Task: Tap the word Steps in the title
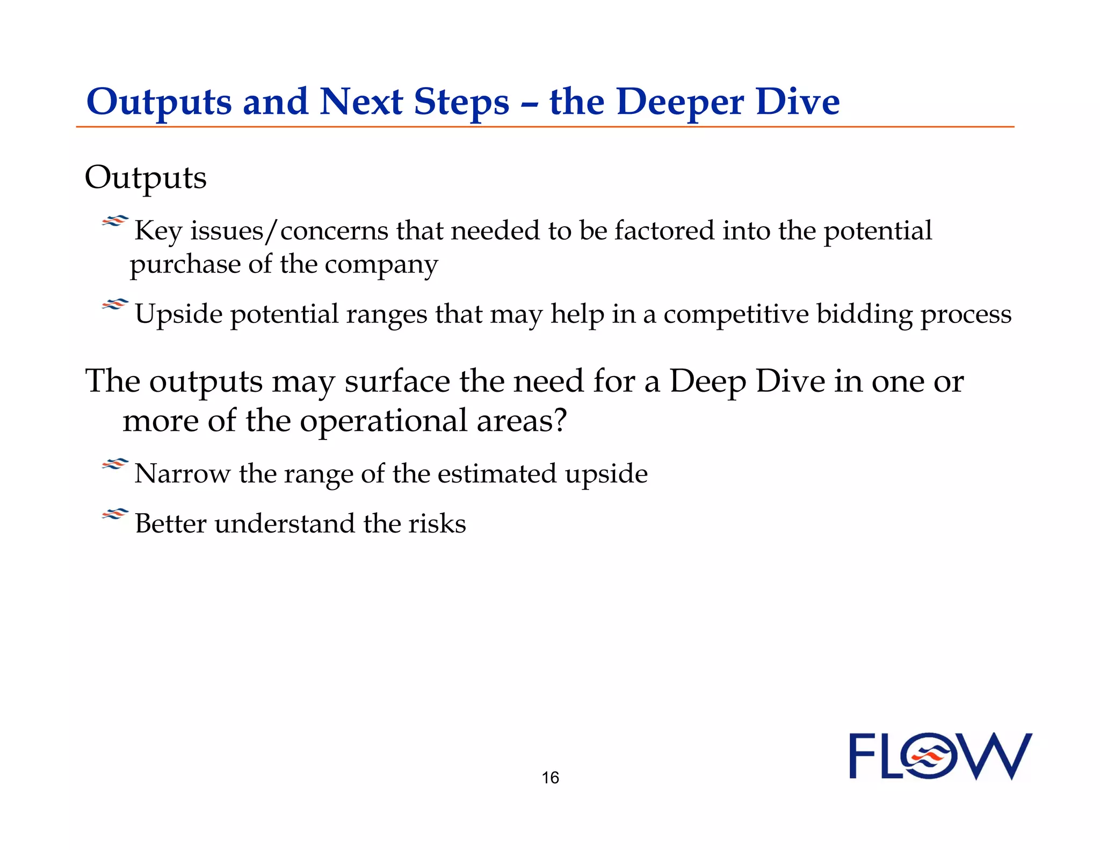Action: click(x=461, y=102)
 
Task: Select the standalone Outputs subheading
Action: click(x=146, y=178)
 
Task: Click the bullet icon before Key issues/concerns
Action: click(x=115, y=221)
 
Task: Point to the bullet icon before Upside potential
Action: click(x=115, y=305)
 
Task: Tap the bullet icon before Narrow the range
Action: click(x=115, y=464)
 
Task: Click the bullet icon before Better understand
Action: click(x=115, y=515)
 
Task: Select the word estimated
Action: click(x=496, y=474)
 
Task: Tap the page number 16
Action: click(x=550, y=777)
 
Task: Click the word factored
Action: click(x=664, y=231)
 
